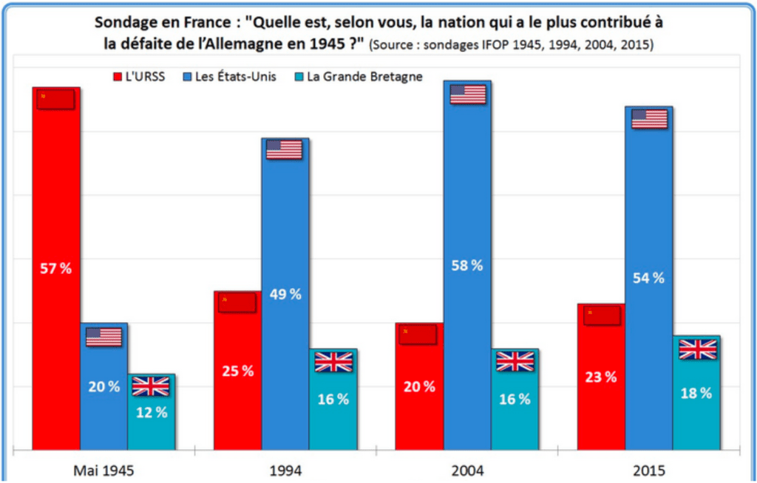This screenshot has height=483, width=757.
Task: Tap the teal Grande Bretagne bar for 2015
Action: click(x=697, y=414)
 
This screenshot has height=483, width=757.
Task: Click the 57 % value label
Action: click(x=56, y=268)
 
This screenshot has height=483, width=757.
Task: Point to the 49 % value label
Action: click(x=285, y=294)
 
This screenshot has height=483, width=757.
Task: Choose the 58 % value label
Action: click(x=466, y=265)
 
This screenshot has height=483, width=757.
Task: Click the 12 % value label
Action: click(x=151, y=413)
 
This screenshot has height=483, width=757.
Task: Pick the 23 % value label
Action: click(x=600, y=377)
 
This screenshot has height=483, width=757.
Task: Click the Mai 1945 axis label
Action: click(x=104, y=468)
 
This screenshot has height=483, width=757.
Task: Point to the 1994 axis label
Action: click(x=286, y=468)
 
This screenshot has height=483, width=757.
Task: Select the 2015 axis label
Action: click(x=649, y=468)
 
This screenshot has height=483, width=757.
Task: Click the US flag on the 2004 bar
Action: click(x=467, y=94)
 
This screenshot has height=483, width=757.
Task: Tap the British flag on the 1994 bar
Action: click(x=333, y=362)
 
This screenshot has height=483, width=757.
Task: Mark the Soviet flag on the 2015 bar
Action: click(x=601, y=315)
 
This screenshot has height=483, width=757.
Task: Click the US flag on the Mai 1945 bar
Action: click(x=103, y=337)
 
